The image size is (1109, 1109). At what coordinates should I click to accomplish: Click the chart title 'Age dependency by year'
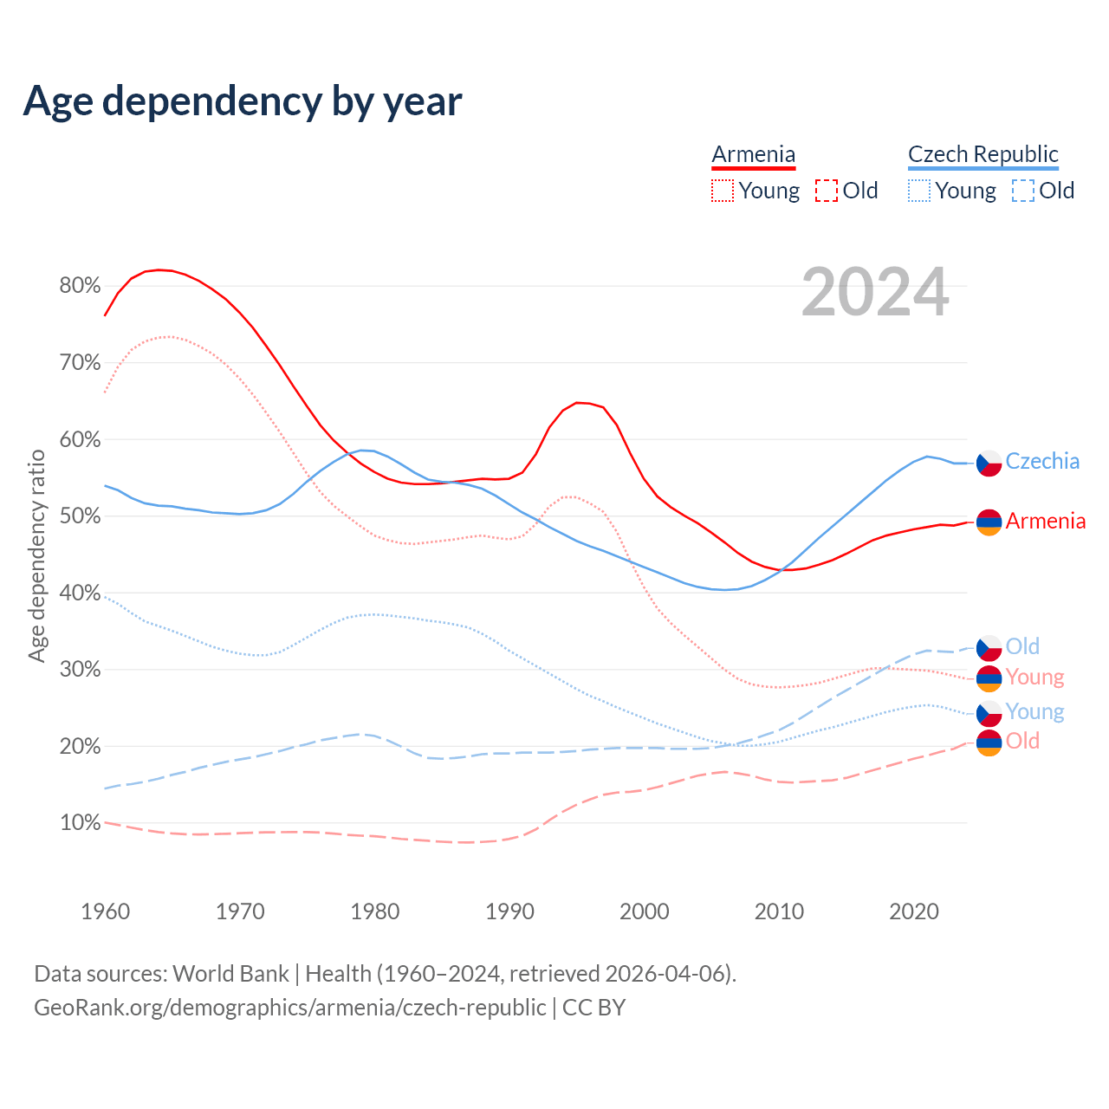pyautogui.click(x=243, y=101)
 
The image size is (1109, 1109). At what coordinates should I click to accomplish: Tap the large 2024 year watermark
pyautogui.click(x=875, y=292)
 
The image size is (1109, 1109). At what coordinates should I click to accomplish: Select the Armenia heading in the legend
pyautogui.click(x=753, y=154)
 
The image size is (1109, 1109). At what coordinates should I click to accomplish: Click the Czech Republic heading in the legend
pyautogui.click(x=983, y=154)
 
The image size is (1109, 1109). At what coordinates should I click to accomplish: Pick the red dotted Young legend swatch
pyautogui.click(x=722, y=191)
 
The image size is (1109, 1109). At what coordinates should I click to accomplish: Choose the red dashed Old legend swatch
pyautogui.click(x=827, y=191)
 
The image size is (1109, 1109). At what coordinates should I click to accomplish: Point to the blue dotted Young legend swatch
pyautogui.click(x=919, y=191)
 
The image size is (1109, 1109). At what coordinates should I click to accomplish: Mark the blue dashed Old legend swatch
pyautogui.click(x=1023, y=191)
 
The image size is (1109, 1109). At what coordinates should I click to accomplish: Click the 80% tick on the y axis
pyautogui.click(x=80, y=286)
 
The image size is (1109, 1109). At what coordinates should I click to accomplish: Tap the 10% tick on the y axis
pyautogui.click(x=80, y=822)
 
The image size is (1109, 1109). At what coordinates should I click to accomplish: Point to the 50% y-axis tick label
pyautogui.click(x=80, y=516)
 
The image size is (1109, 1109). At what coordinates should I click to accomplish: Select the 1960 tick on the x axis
pyautogui.click(x=105, y=911)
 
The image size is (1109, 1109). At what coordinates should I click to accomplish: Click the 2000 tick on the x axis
pyautogui.click(x=645, y=911)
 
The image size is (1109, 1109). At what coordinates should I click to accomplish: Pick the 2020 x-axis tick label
pyautogui.click(x=914, y=911)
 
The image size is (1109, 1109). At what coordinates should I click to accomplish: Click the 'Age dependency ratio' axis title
pyautogui.click(x=36, y=554)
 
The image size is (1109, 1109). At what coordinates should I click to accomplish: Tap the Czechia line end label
pyautogui.click(x=1042, y=461)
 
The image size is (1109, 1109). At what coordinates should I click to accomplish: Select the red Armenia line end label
pyautogui.click(x=1045, y=521)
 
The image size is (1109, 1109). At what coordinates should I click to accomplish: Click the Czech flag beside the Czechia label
pyautogui.click(x=989, y=464)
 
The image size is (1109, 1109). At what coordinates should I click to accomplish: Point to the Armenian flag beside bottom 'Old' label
pyautogui.click(x=989, y=743)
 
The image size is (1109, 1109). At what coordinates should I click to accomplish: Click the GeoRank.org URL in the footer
pyautogui.click(x=290, y=1008)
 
